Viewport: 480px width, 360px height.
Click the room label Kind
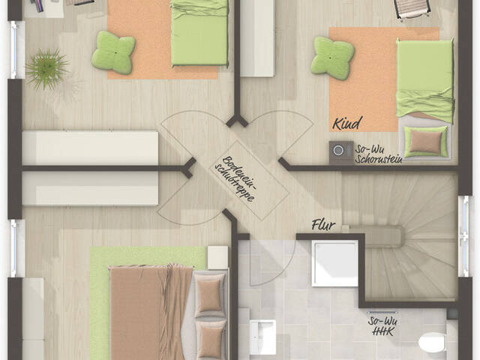[347, 124]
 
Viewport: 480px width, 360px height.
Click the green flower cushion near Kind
[332, 56]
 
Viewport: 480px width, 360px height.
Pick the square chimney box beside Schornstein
[340, 152]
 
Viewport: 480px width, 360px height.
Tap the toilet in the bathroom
[433, 343]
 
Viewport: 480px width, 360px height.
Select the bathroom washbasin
[262, 336]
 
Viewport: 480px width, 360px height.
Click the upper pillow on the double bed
[209, 293]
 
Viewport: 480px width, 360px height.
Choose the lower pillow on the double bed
[211, 339]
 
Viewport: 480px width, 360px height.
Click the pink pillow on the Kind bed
[426, 141]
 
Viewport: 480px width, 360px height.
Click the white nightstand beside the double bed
[218, 257]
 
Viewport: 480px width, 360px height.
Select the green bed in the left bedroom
[199, 34]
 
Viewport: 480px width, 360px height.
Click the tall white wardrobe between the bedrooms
[257, 37]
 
